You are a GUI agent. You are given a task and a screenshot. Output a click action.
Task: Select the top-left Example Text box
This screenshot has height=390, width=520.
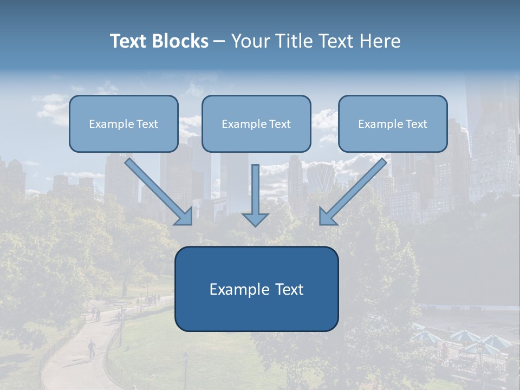tap(123, 123)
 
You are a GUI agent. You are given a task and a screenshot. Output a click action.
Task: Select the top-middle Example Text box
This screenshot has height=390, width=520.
tap(256, 123)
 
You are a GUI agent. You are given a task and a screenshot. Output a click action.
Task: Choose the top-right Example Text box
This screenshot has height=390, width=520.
tap(393, 123)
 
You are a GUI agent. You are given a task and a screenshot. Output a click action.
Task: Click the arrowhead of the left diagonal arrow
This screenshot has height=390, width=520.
tap(184, 216)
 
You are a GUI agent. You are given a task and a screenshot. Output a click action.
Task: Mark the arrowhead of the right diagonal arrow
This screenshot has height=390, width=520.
tap(327, 216)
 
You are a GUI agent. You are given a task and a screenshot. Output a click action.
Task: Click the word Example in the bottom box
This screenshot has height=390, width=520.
tap(238, 289)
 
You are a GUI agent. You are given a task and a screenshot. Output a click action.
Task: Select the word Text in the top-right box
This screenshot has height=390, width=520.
tap(416, 123)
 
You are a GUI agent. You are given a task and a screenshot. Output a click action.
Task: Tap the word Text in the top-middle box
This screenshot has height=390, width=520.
tap(279, 123)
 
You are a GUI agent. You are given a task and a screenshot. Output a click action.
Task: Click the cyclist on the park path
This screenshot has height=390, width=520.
tap(92, 348)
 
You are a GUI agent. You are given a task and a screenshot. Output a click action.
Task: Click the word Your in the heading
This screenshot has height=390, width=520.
tap(248, 41)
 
